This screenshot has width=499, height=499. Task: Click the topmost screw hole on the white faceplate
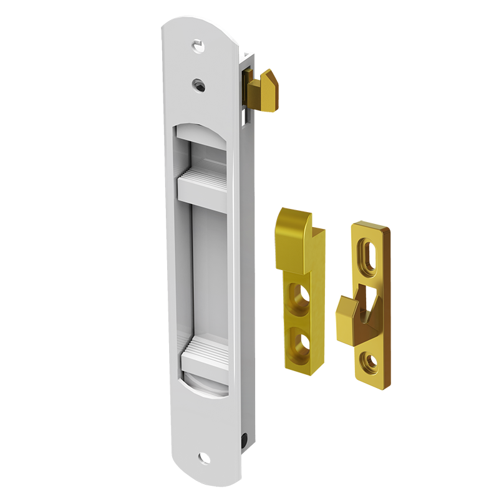point(198,46)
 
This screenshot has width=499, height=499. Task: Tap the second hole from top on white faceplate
point(198,83)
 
